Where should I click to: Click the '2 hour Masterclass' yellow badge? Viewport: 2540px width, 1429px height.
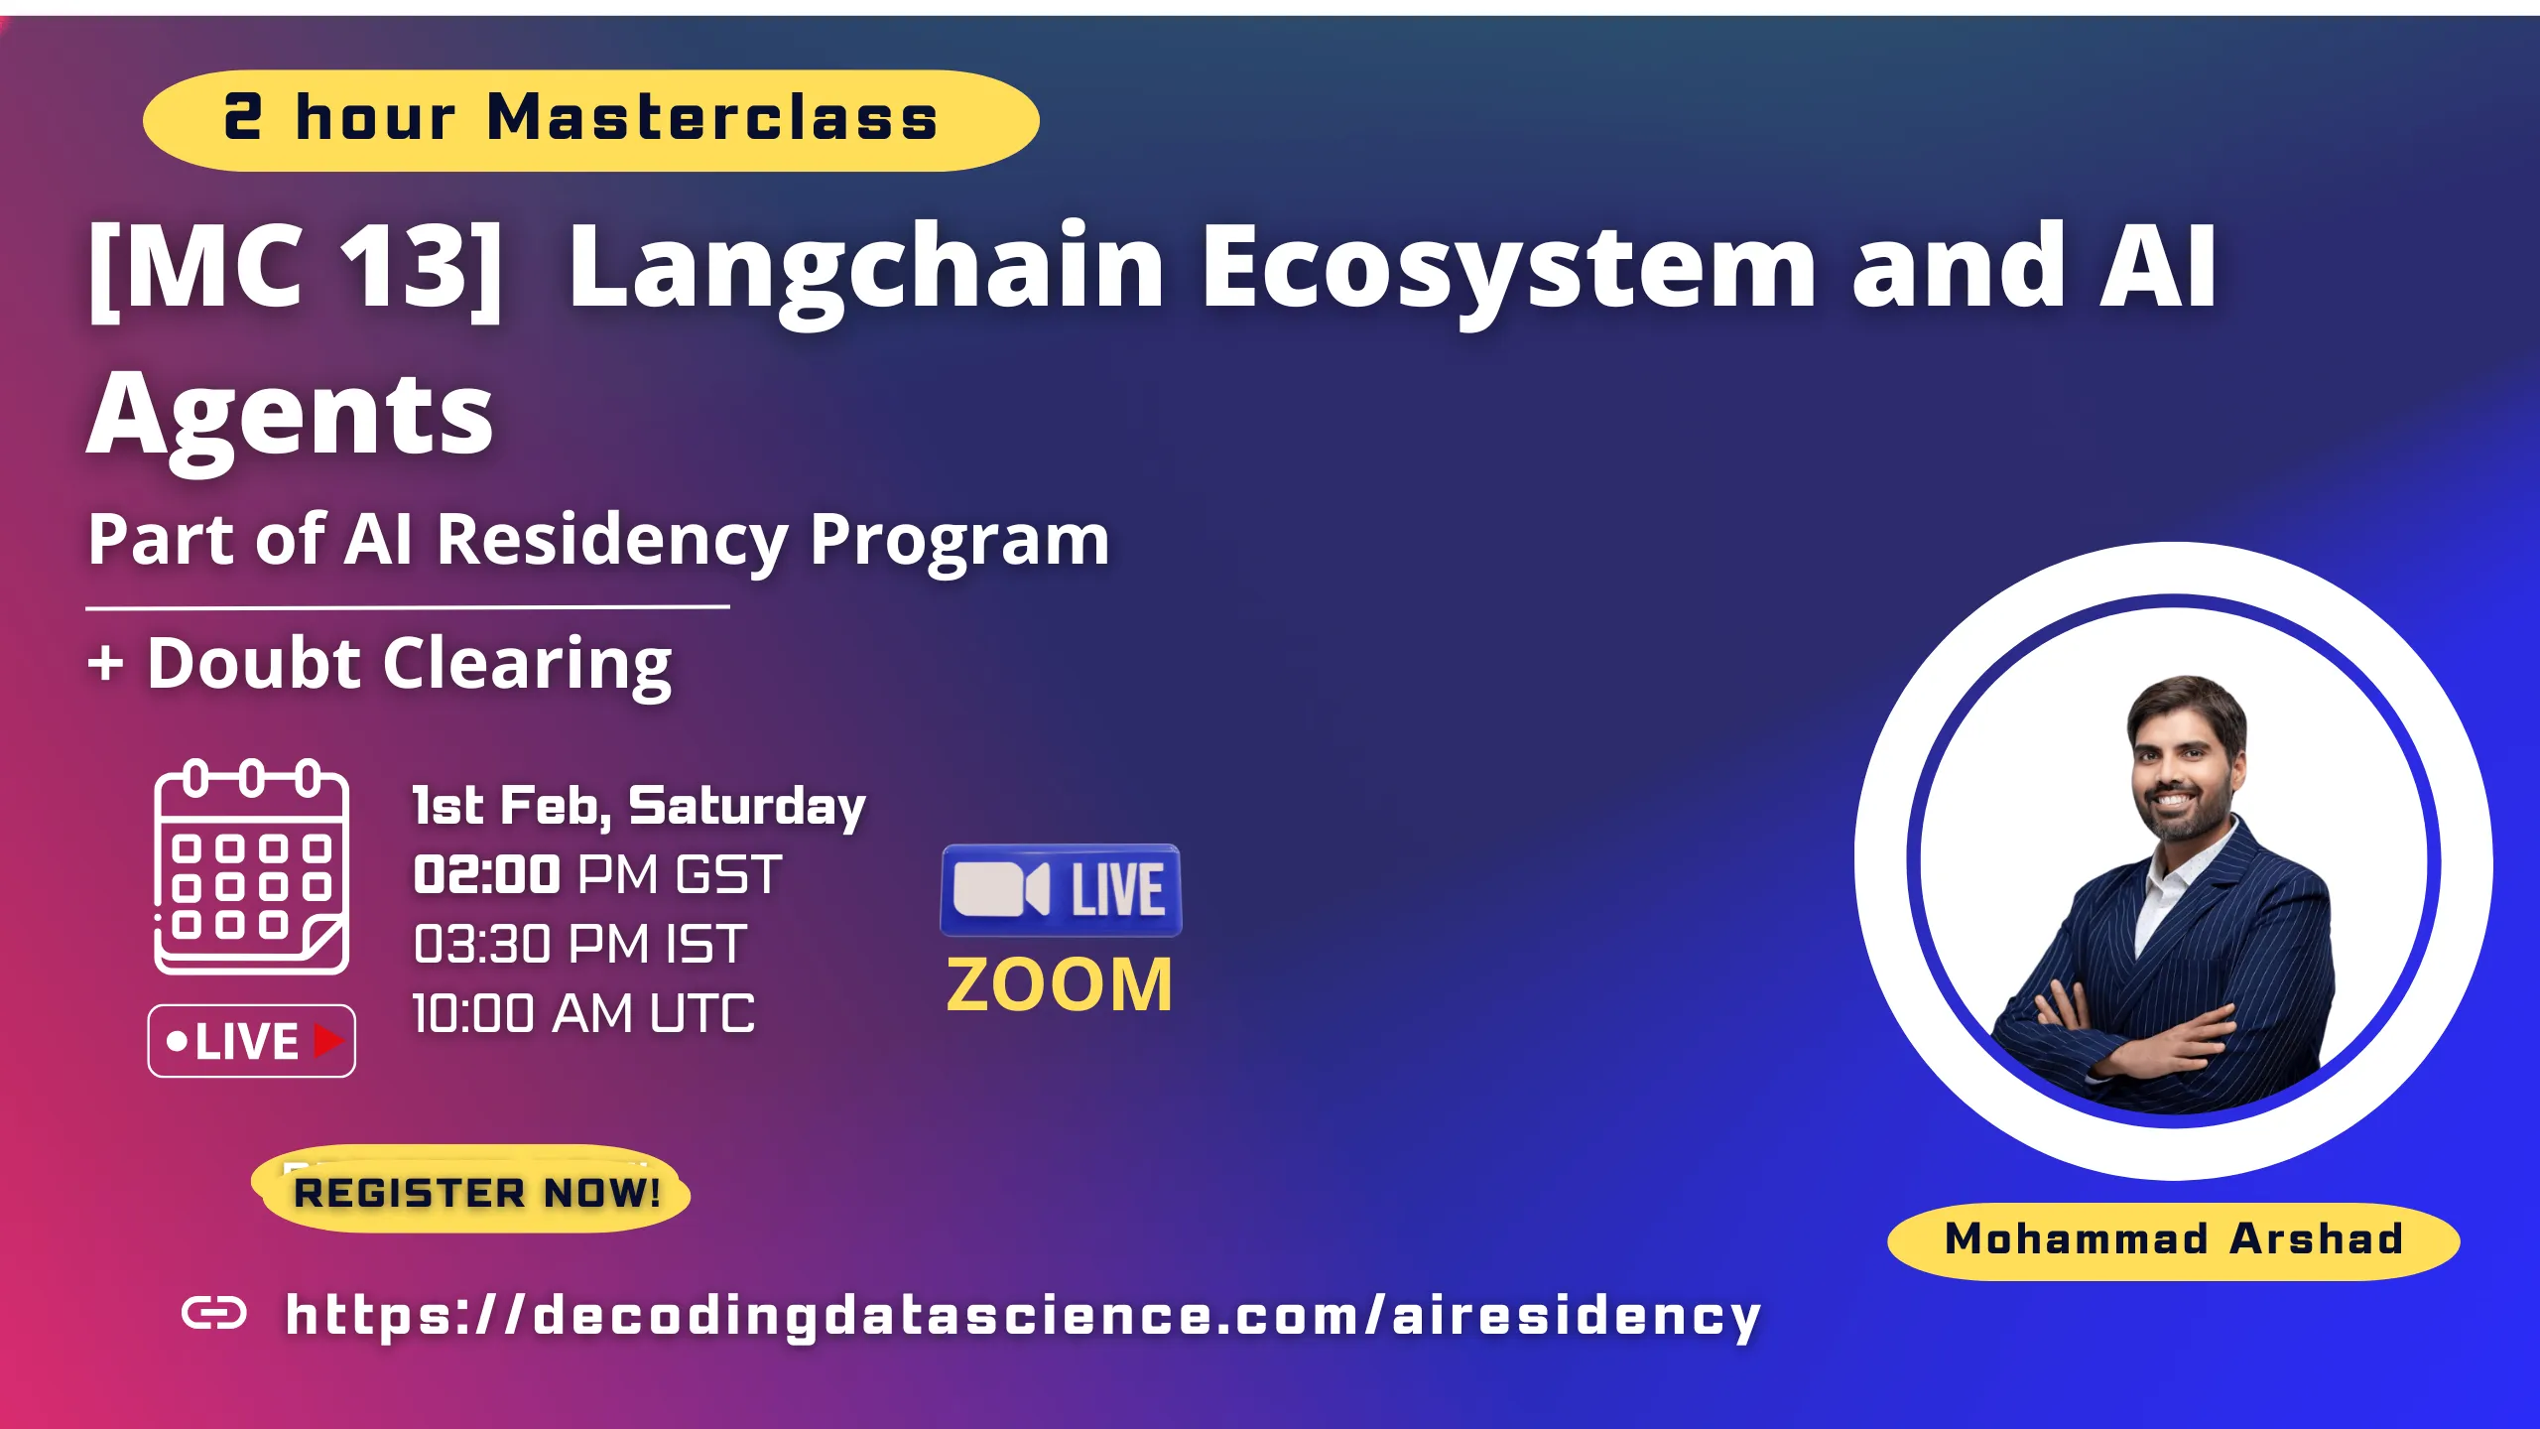590,120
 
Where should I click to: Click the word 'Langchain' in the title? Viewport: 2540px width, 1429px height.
865,268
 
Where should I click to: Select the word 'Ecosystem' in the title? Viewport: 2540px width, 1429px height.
1508,268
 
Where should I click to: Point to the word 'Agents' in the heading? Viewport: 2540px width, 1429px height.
290,415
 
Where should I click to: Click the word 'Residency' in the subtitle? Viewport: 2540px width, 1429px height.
612,541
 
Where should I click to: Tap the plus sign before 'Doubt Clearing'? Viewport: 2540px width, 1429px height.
106,663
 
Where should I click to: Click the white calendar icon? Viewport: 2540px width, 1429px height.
251,867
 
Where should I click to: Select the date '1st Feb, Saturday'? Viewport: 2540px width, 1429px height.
639,806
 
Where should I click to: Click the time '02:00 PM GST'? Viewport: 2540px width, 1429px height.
597,875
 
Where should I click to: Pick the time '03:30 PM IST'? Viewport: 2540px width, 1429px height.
579,944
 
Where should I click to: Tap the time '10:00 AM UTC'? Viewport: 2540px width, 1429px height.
583,1014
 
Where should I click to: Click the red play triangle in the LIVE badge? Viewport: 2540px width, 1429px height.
327,1041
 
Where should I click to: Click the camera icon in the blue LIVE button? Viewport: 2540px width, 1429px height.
1000,889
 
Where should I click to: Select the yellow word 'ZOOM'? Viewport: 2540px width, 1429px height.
1060,985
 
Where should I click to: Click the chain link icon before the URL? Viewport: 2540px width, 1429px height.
214,1314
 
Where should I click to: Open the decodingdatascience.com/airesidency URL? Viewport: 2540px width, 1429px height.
1022,1316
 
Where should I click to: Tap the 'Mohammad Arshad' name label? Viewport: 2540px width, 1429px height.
2173,1239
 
